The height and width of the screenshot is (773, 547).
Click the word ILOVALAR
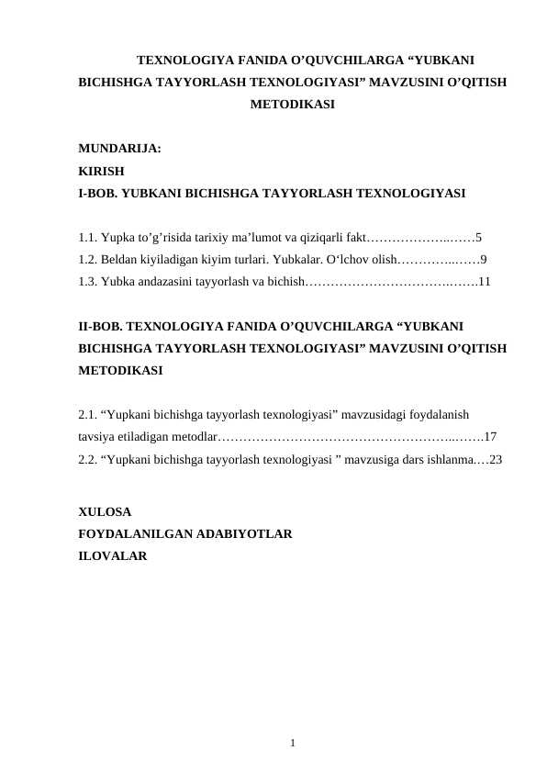(112, 555)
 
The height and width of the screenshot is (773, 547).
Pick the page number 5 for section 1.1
(479, 236)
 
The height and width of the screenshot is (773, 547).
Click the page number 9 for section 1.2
(484, 259)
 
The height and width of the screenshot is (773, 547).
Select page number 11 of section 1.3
(485, 282)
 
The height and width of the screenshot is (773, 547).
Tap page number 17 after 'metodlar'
(490, 437)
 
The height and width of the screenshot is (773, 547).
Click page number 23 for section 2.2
(496, 459)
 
